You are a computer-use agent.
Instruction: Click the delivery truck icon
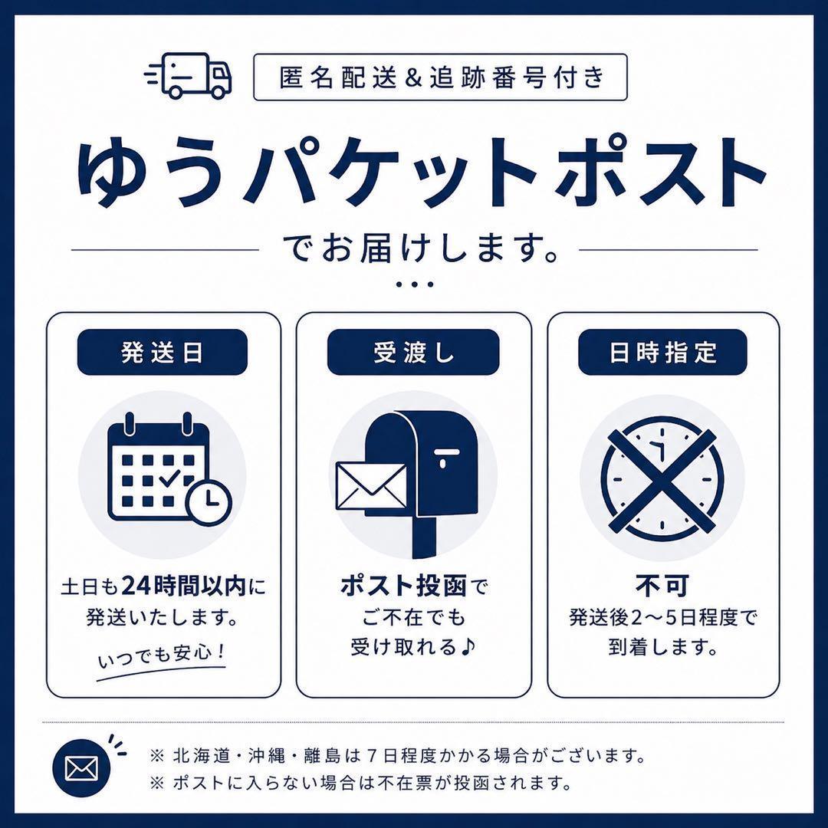189,75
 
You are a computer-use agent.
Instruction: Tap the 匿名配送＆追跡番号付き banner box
440,77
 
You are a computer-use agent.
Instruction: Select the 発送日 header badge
162,352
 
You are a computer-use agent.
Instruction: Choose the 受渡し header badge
413,352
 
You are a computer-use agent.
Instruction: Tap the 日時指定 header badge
662,352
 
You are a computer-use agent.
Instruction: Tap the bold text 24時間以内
185,586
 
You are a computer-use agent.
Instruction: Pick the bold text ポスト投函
403,586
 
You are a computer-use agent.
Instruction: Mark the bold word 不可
662,586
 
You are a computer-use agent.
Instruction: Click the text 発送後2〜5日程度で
662,616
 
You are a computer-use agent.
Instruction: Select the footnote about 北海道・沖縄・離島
398,756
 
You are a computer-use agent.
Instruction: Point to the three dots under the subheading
415,284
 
